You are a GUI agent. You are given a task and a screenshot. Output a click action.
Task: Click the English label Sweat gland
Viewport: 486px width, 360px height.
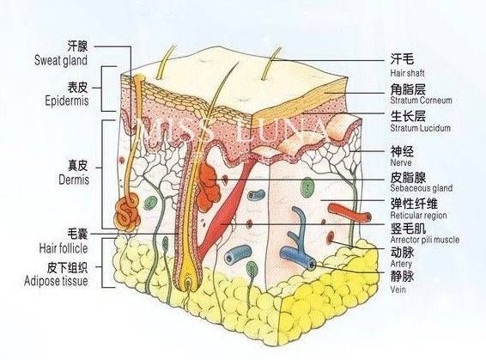61,60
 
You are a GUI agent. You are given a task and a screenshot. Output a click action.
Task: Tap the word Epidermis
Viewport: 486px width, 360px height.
67,101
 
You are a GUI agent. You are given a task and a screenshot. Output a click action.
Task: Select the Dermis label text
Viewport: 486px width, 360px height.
74,180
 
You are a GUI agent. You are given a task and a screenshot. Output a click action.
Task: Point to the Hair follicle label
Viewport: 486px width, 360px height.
64,248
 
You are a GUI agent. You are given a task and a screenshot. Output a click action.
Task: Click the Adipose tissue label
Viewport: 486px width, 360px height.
56,281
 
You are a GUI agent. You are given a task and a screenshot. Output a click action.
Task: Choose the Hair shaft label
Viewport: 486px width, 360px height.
407,73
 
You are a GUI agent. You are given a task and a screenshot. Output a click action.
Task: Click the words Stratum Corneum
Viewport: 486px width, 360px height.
421,101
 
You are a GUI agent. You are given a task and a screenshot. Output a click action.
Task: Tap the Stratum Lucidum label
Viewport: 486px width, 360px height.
420,128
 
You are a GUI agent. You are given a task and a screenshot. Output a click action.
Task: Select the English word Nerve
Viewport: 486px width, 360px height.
401,162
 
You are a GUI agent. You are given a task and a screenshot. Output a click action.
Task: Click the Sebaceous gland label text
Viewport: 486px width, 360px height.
422,188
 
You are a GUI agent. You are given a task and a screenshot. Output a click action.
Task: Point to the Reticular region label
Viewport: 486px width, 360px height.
418,215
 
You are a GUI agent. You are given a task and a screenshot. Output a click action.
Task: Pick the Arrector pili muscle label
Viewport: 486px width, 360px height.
425,240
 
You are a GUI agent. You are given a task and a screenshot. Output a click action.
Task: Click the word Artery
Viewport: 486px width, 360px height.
401,264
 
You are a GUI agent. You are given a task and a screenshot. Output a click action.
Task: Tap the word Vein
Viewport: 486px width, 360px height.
398,290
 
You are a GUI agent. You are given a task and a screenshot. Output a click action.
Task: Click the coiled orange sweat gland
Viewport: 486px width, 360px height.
127,212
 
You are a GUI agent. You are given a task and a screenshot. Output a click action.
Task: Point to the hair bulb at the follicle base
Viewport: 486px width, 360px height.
189,283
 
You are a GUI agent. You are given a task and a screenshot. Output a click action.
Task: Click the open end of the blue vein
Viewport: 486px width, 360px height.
312,265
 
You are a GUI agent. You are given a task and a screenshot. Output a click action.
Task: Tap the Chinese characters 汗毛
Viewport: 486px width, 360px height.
402,58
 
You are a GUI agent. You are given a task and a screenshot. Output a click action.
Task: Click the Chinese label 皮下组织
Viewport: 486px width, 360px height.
67,267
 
